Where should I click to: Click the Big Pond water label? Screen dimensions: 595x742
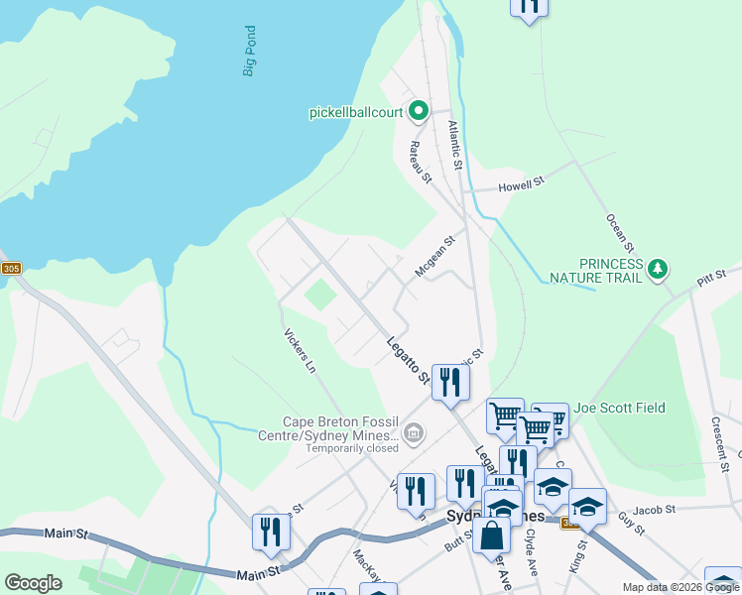pyautogui.click(x=250, y=52)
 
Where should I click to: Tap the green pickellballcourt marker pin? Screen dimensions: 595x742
pyautogui.click(x=419, y=111)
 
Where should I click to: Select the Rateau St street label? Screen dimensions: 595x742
pyautogui.click(x=420, y=161)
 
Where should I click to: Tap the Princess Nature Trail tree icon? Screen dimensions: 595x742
pyautogui.click(x=657, y=269)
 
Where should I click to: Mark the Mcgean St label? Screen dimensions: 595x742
pyautogui.click(x=433, y=256)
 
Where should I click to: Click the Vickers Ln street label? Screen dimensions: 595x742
pyautogui.click(x=299, y=351)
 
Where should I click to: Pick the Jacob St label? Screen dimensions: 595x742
pyautogui.click(x=654, y=509)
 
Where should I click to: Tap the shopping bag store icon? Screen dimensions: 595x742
pyautogui.click(x=491, y=536)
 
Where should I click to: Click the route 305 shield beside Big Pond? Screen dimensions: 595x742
pyautogui.click(x=11, y=269)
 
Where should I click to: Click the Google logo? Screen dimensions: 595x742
pyautogui.click(x=33, y=583)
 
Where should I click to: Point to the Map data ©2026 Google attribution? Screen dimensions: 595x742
pyautogui.click(x=680, y=587)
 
